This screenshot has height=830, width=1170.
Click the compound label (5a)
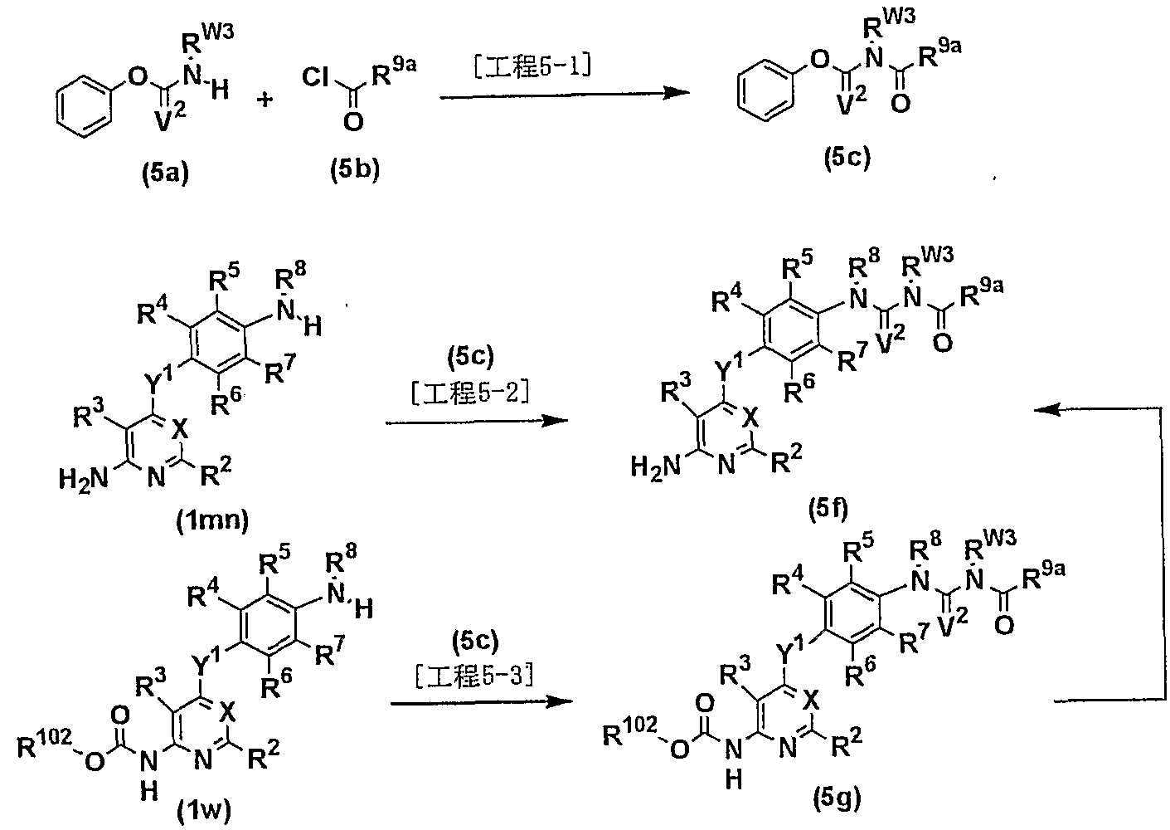[x=165, y=173]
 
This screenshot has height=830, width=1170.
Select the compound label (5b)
[x=355, y=170]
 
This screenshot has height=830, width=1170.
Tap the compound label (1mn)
[x=212, y=520]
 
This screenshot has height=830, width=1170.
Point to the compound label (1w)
[x=204, y=811]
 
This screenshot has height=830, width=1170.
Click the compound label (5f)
[x=828, y=510]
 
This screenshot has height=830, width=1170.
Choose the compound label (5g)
[x=837, y=798]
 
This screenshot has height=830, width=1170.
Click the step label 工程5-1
[x=533, y=67]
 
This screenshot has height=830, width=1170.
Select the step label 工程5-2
[x=471, y=393]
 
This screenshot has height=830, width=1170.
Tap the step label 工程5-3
[x=475, y=676]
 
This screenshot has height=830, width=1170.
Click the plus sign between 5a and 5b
[x=265, y=98]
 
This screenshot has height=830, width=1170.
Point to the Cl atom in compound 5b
[x=316, y=78]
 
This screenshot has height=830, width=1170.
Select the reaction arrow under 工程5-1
[x=565, y=94]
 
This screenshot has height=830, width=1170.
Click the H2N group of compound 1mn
[x=83, y=478]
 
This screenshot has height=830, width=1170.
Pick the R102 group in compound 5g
[x=630, y=730]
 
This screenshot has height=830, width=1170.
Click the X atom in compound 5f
[x=750, y=417]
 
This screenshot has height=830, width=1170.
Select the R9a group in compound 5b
[x=394, y=73]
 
